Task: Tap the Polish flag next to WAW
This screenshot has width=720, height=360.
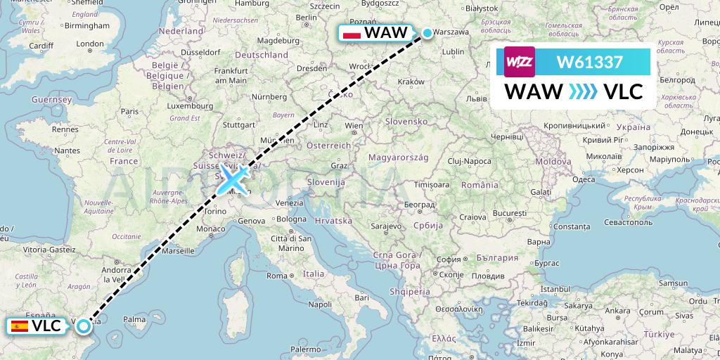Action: coord(350,33)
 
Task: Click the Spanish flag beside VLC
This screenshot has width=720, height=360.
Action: coord(19,326)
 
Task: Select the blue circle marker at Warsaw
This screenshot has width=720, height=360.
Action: coord(427,32)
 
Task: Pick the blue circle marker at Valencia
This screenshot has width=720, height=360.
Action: coord(84,326)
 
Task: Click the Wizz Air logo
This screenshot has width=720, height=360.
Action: coord(520,62)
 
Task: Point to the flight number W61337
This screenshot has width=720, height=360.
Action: coord(589,62)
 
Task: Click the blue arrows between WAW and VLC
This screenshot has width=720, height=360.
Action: coord(583,91)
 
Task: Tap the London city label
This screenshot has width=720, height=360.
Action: coord(90,44)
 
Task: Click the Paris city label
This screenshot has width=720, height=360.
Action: coord(129,110)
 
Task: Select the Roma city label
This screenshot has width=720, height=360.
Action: coord(277,276)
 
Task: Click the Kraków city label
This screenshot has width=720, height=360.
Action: coord(411,82)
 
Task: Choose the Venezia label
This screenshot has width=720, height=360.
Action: coord(290,202)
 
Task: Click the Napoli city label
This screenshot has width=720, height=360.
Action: coord(319,304)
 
